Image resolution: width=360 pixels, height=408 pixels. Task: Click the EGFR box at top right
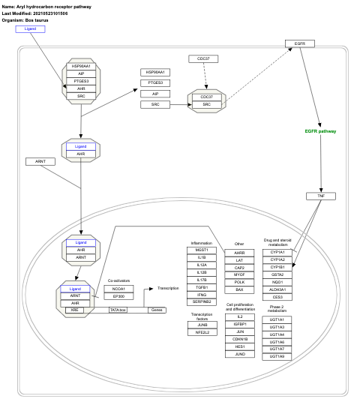tap(299, 43)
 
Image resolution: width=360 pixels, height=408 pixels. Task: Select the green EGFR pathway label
tap(320, 131)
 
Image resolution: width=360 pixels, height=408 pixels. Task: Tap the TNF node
tap(320, 196)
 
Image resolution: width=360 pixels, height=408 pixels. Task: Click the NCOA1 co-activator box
tap(118, 288)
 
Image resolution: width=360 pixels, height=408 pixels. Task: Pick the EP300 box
tap(118, 296)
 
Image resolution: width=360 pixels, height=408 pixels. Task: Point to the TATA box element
tap(118, 310)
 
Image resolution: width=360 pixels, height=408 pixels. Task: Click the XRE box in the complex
tap(75, 310)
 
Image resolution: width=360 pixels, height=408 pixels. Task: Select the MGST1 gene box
tap(202, 250)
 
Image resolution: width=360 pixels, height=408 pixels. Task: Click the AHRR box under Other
tap(240, 253)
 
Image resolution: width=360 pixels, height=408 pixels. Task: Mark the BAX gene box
tap(240, 289)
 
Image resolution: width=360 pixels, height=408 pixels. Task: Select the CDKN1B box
tap(240, 339)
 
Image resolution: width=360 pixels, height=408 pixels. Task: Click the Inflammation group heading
tap(202, 243)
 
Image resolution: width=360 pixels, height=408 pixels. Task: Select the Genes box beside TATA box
tap(157, 310)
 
